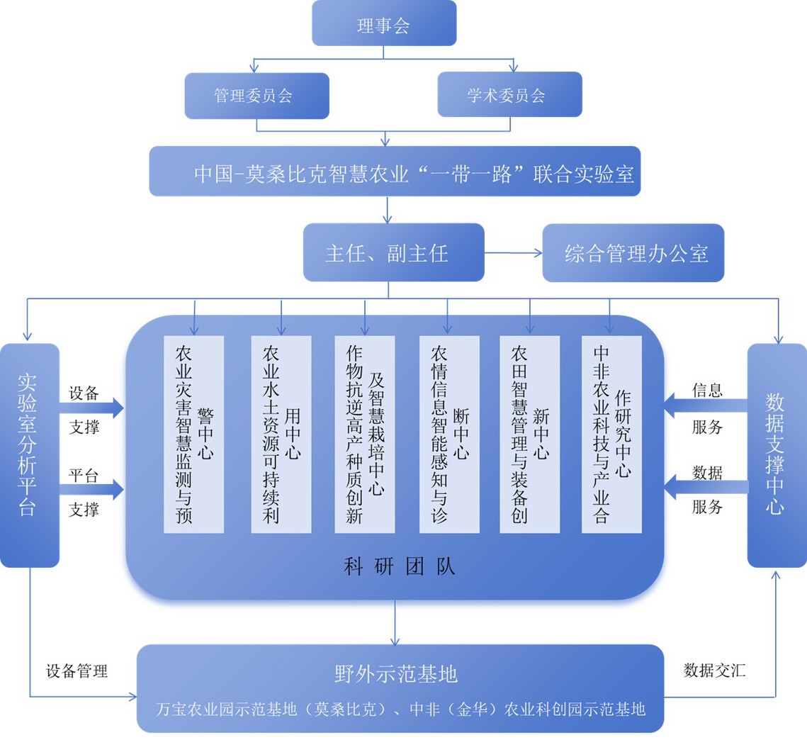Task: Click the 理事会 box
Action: [384, 23]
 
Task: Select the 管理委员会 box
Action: [256, 96]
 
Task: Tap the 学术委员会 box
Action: [509, 96]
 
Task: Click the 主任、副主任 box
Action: [394, 252]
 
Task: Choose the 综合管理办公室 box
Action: [633, 253]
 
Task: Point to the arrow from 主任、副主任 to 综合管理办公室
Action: [514, 252]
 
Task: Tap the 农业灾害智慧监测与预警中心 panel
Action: [193, 434]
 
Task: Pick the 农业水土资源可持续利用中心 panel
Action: [281, 434]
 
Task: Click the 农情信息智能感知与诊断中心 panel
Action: [449, 434]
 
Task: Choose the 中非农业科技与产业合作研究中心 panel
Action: [611, 434]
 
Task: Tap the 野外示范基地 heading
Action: [395, 673]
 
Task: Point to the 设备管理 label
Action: [77, 671]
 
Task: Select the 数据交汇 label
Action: [714, 670]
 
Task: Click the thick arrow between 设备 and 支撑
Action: [92, 408]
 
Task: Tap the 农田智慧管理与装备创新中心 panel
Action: [529, 434]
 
